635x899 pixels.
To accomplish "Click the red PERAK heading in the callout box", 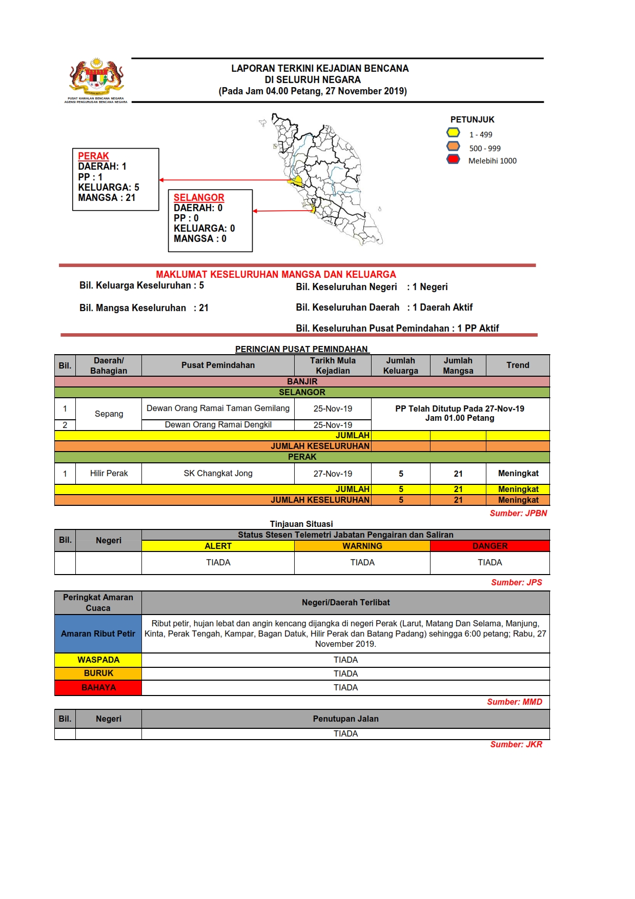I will (93, 156).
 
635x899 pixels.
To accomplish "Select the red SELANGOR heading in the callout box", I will (199, 197).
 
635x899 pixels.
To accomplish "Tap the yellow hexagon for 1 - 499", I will (453, 133).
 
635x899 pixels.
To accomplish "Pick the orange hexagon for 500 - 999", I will (453, 147).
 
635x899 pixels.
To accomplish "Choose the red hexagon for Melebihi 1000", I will (453, 159).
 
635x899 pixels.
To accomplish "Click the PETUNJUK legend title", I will (472, 119).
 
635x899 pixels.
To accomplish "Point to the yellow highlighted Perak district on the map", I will (296, 180).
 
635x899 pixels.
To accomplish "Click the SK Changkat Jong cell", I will (218, 474).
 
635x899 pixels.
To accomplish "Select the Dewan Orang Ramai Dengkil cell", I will (218, 425).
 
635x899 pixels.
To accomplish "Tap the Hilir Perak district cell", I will (109, 474).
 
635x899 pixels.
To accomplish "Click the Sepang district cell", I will (109, 414).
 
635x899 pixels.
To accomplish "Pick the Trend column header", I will (518, 365).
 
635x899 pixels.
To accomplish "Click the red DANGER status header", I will (489, 546).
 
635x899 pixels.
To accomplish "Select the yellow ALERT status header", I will (218, 546).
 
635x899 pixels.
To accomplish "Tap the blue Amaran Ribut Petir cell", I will (98, 634).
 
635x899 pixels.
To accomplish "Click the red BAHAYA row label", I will (98, 687).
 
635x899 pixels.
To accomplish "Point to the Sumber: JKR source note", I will (516, 744).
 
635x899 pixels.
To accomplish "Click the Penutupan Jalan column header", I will (345, 719).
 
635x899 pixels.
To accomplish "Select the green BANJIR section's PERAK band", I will (302, 457).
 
